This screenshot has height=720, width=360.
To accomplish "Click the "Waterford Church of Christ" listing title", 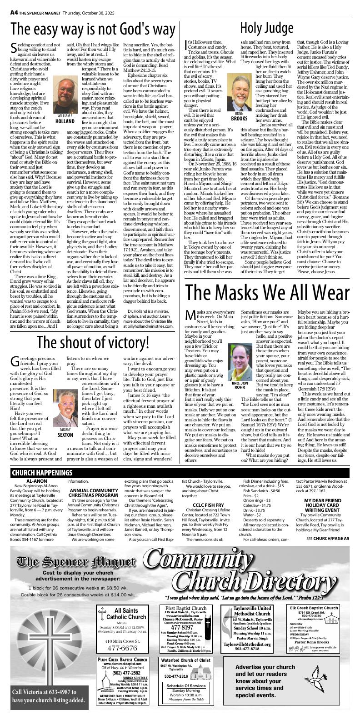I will coord(185,660).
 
